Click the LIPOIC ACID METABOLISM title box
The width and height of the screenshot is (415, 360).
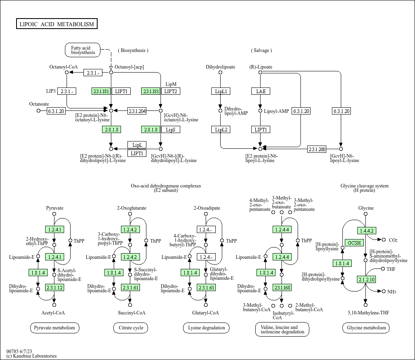(56, 24)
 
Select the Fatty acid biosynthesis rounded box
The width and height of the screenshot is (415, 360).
(83, 50)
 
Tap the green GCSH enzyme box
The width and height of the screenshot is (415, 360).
(355, 243)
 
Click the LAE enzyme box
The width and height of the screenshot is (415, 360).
(261, 91)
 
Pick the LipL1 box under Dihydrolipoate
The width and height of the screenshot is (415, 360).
(221, 91)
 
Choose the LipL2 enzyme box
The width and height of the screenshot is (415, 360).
(221, 129)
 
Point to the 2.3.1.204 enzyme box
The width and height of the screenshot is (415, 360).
(137, 110)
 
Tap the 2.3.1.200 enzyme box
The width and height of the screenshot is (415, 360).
(317, 149)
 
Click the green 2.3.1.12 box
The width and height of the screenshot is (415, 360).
(54, 287)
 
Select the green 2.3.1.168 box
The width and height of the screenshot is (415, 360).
(282, 287)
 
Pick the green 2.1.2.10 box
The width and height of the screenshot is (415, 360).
(366, 279)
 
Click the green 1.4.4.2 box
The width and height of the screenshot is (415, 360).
(366, 231)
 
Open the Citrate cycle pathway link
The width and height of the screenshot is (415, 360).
(131, 328)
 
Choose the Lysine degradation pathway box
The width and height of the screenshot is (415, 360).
(206, 328)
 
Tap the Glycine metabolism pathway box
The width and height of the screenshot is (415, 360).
(366, 328)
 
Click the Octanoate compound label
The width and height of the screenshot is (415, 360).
(39, 104)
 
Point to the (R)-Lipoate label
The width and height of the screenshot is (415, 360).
(261, 67)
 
